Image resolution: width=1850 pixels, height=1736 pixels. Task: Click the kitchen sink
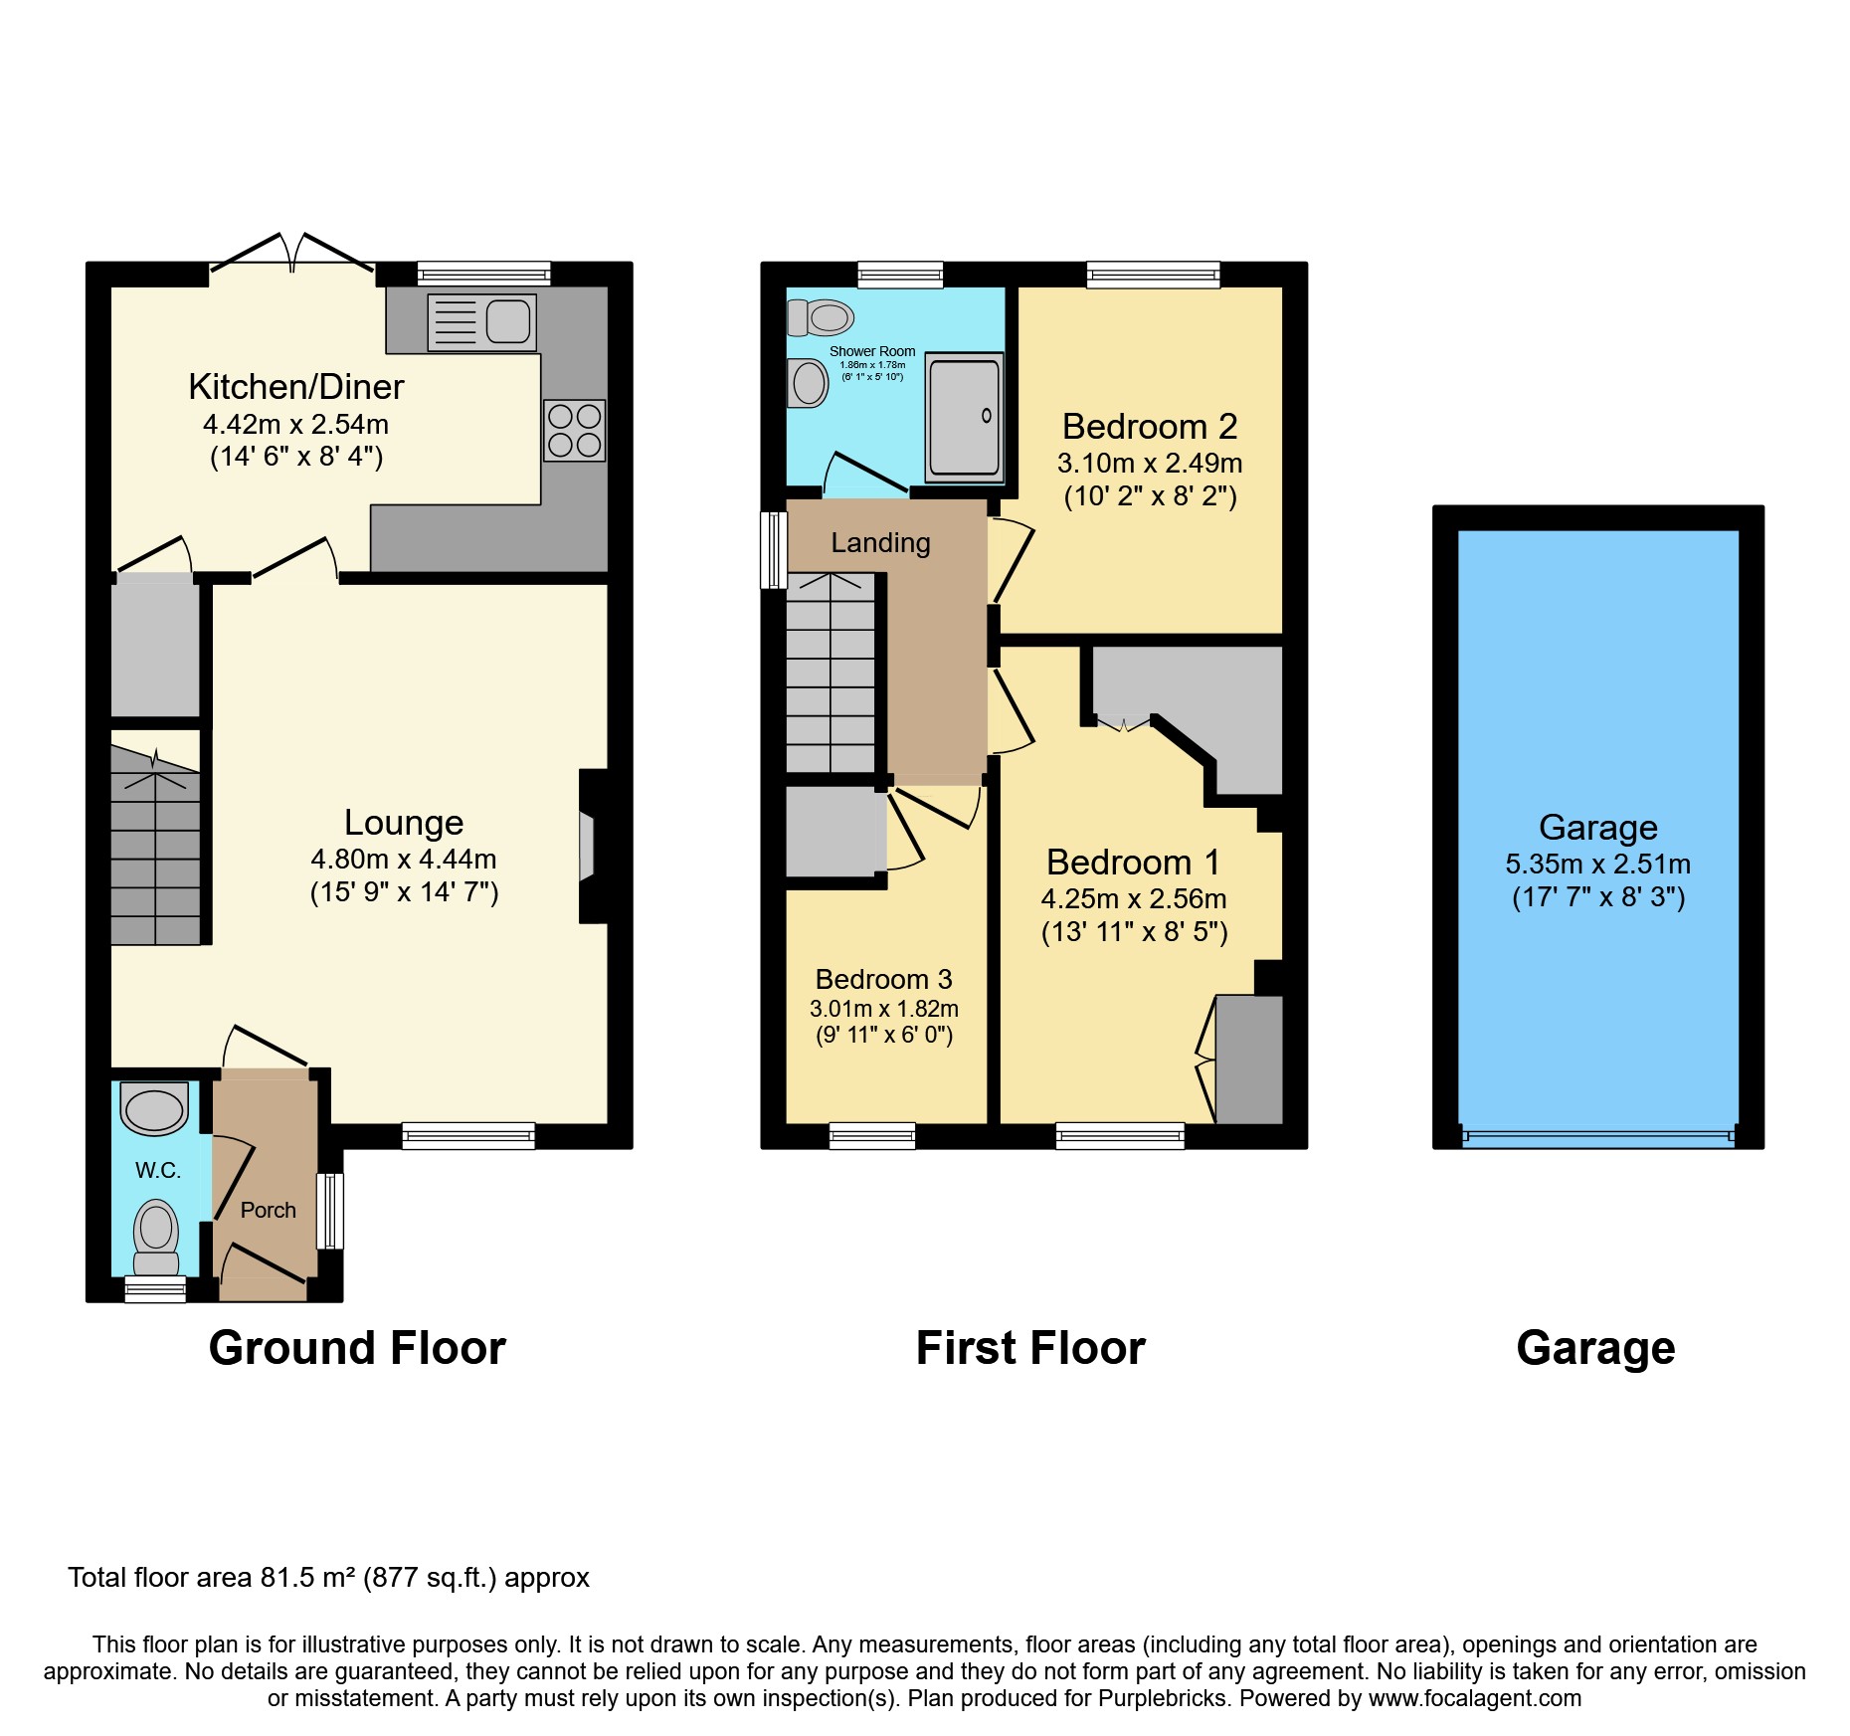[482, 321]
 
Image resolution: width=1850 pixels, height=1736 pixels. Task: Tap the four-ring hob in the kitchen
[574, 430]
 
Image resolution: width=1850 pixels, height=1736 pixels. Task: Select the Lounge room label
[404, 823]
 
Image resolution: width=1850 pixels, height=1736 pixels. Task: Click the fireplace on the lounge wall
[587, 847]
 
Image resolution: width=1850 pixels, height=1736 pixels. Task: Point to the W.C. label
[158, 1170]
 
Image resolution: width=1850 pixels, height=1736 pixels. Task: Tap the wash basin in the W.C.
[154, 1108]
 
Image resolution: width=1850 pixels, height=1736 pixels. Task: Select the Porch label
[268, 1210]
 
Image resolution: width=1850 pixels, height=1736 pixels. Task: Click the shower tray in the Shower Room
[963, 417]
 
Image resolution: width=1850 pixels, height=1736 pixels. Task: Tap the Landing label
[880, 543]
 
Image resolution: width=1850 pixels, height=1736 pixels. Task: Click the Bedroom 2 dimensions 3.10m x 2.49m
[1150, 464]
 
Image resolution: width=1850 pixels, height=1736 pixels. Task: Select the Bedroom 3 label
[883, 979]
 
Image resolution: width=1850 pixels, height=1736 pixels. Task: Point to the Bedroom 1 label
[1133, 862]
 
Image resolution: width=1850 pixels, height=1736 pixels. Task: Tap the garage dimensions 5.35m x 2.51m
[1597, 865]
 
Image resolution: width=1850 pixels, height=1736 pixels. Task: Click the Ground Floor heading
[357, 1348]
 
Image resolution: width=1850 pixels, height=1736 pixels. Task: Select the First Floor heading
[1030, 1348]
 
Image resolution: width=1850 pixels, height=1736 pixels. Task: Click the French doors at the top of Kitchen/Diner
[291, 256]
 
